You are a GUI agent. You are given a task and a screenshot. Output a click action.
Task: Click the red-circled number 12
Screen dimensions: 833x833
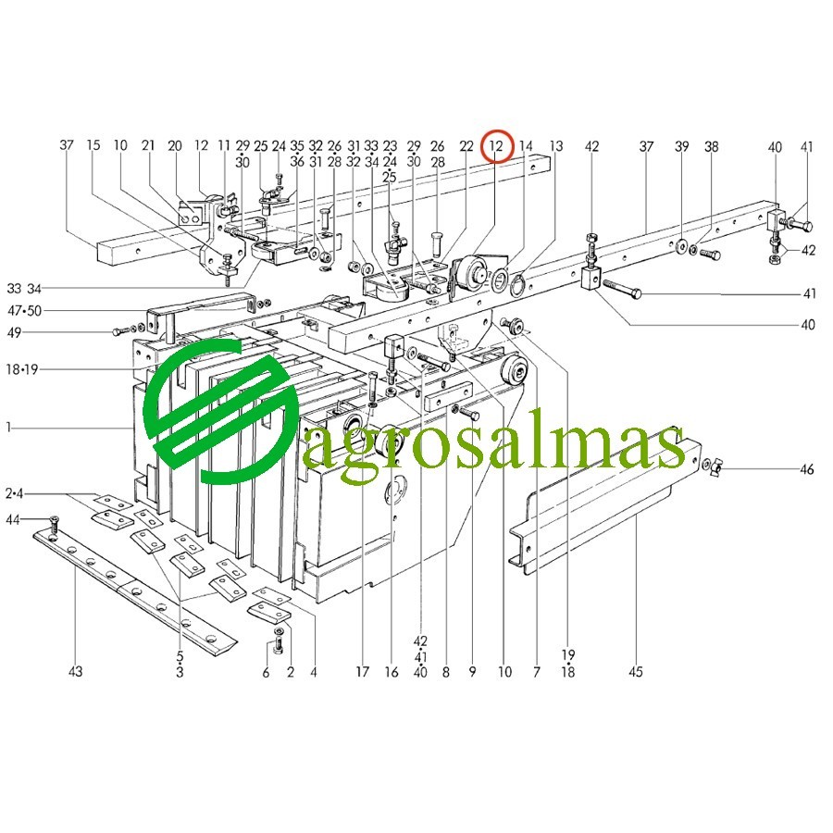click(496, 145)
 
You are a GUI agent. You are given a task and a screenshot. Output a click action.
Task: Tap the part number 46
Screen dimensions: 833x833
click(807, 469)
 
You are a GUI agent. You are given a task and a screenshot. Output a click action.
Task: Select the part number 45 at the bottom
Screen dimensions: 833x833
click(636, 672)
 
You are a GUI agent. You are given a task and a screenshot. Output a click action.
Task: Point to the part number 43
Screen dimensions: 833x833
click(76, 672)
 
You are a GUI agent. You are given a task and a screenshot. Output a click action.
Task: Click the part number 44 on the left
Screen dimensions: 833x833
click(13, 519)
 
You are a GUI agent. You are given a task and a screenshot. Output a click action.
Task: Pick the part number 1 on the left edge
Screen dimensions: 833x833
click(8, 427)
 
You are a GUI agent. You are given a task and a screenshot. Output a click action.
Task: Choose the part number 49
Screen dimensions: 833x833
click(14, 332)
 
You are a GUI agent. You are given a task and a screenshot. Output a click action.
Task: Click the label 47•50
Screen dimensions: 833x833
click(24, 310)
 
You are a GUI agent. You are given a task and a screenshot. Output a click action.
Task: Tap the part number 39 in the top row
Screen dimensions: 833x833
click(681, 146)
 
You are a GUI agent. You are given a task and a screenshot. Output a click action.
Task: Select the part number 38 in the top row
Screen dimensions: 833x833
click(712, 146)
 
